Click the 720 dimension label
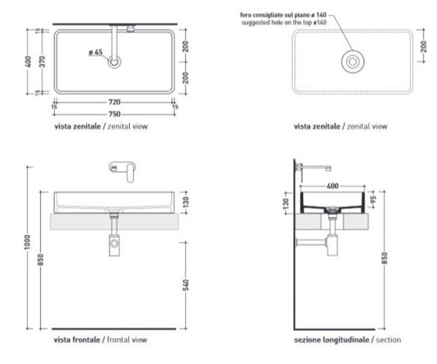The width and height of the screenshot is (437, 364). click(114, 102)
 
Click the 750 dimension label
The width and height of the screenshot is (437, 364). click(114, 114)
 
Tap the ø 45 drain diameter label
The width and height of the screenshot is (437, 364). click(96, 52)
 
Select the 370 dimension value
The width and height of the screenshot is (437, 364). click(42, 62)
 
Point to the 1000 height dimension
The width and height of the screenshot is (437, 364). click(27, 242)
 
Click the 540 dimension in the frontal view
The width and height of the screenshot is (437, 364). click(186, 285)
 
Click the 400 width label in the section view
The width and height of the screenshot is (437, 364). click(332, 186)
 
